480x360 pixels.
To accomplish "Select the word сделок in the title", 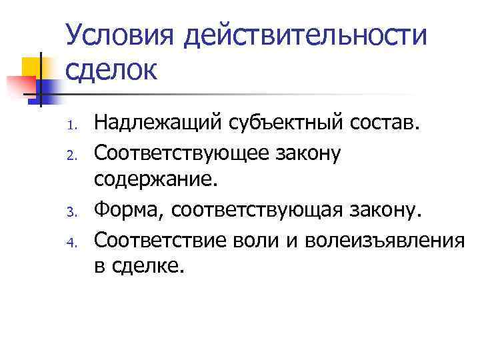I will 112,69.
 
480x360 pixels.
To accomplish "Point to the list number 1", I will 74,123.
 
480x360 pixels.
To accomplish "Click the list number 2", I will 74,155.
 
